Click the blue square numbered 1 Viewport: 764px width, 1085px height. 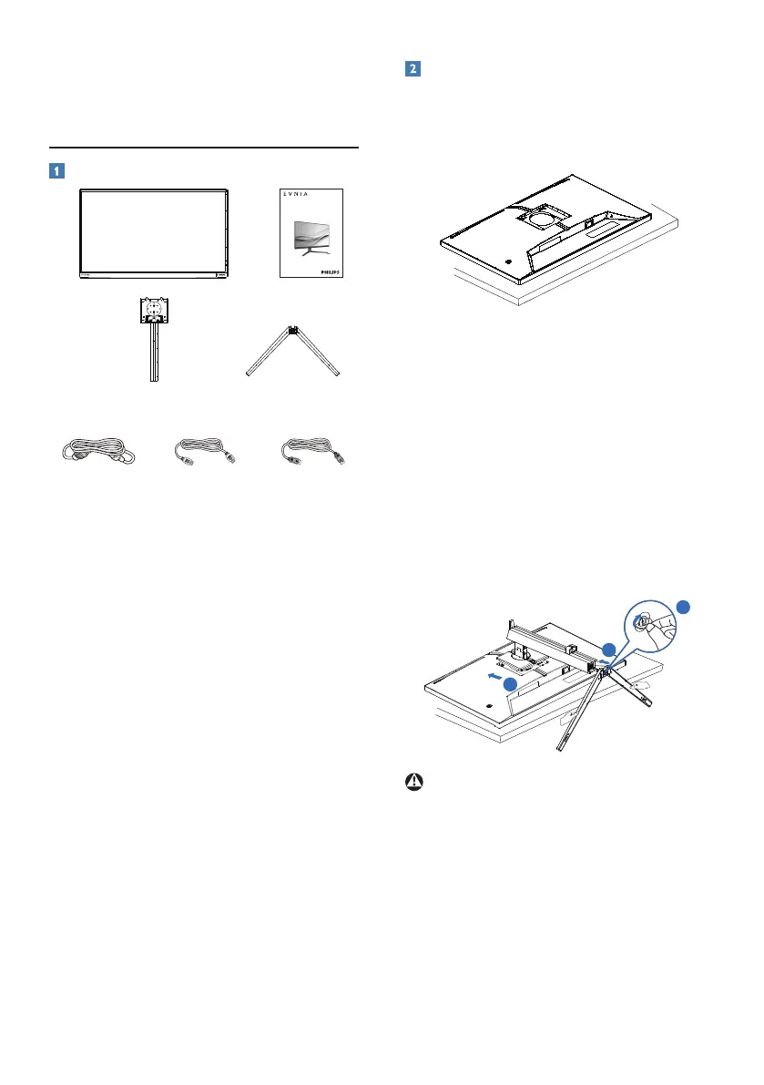(57, 169)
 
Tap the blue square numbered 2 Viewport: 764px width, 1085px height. (413, 69)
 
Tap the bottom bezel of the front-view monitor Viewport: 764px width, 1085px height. (152, 271)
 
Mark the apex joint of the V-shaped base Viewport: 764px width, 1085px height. (294, 332)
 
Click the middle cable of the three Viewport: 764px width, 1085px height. (205, 452)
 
